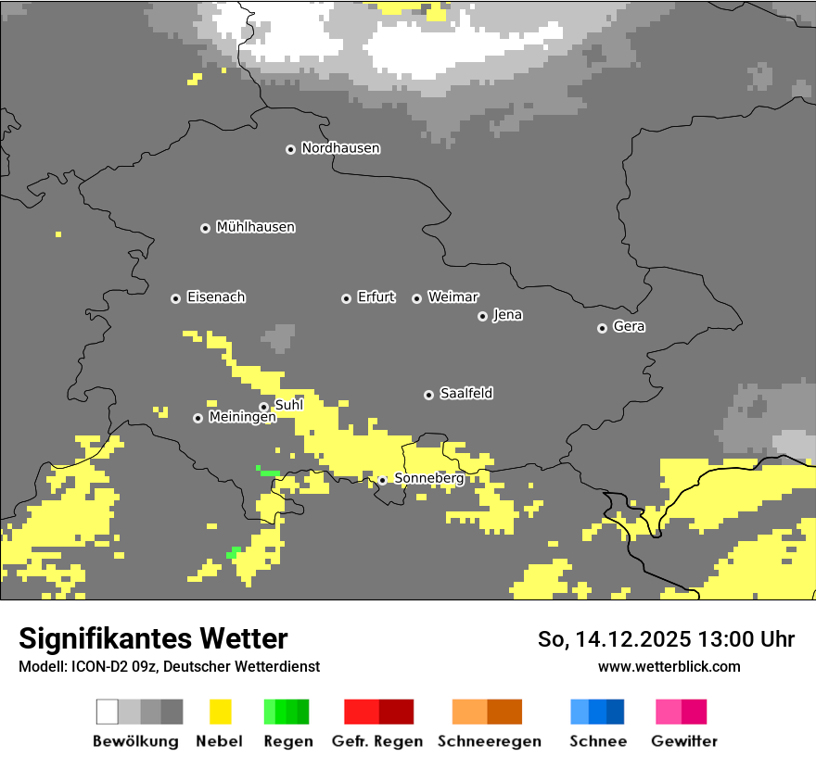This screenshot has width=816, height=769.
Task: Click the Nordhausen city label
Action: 340,148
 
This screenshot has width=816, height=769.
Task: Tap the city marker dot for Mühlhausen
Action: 205,228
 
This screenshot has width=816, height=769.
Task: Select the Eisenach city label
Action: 216,297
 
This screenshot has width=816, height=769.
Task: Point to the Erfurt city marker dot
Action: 346,298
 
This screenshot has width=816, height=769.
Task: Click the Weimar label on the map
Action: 453,297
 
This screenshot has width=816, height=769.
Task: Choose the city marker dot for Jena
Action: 482,316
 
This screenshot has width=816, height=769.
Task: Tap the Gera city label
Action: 629,327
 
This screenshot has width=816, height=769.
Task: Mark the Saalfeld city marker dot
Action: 428,395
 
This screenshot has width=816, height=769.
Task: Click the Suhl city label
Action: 288,405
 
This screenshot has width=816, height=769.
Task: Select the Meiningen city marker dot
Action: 198,418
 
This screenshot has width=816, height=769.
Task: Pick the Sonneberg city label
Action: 428,478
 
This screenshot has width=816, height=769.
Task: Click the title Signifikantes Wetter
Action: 153,638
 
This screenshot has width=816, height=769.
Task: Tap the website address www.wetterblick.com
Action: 669,666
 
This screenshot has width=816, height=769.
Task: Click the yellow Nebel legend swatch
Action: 220,712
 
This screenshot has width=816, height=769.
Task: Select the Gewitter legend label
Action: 683,741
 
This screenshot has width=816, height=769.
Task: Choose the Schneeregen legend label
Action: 489,741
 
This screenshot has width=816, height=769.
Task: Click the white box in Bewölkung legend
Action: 108,712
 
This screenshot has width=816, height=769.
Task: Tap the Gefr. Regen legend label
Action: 377,741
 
